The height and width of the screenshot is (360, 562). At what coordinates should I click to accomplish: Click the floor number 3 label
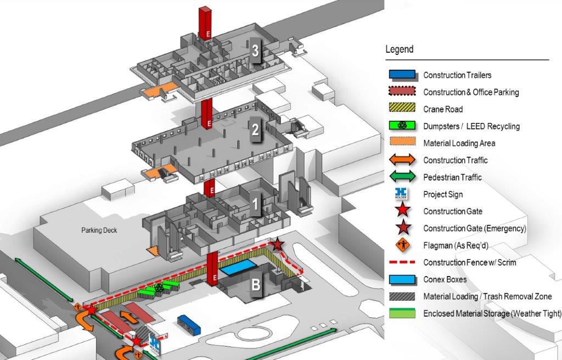(255, 50)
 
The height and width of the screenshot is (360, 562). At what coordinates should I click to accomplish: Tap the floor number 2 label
(255, 131)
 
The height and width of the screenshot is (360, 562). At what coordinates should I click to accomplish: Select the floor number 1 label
(255, 205)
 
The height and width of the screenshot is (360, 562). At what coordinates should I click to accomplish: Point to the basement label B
(256, 285)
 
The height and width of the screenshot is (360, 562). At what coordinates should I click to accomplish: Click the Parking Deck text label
(99, 230)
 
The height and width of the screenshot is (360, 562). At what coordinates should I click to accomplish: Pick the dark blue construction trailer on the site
(189, 325)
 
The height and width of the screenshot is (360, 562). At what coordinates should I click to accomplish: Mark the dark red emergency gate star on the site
(278, 244)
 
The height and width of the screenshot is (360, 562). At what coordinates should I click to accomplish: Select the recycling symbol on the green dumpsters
(159, 287)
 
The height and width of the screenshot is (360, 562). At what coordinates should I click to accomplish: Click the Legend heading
(399, 49)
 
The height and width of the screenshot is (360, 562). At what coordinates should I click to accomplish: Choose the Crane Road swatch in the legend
(403, 109)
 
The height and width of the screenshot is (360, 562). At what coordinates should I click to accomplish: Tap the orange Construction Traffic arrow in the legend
(403, 160)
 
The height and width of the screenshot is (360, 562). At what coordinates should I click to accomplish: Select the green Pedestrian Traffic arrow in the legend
(403, 177)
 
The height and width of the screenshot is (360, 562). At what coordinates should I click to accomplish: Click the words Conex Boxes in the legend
(445, 279)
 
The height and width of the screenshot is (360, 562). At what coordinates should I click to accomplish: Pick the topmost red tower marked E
(205, 23)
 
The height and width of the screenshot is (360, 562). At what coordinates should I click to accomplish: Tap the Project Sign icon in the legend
(403, 194)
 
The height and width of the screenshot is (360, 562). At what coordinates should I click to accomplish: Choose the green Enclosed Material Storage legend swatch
(403, 313)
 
